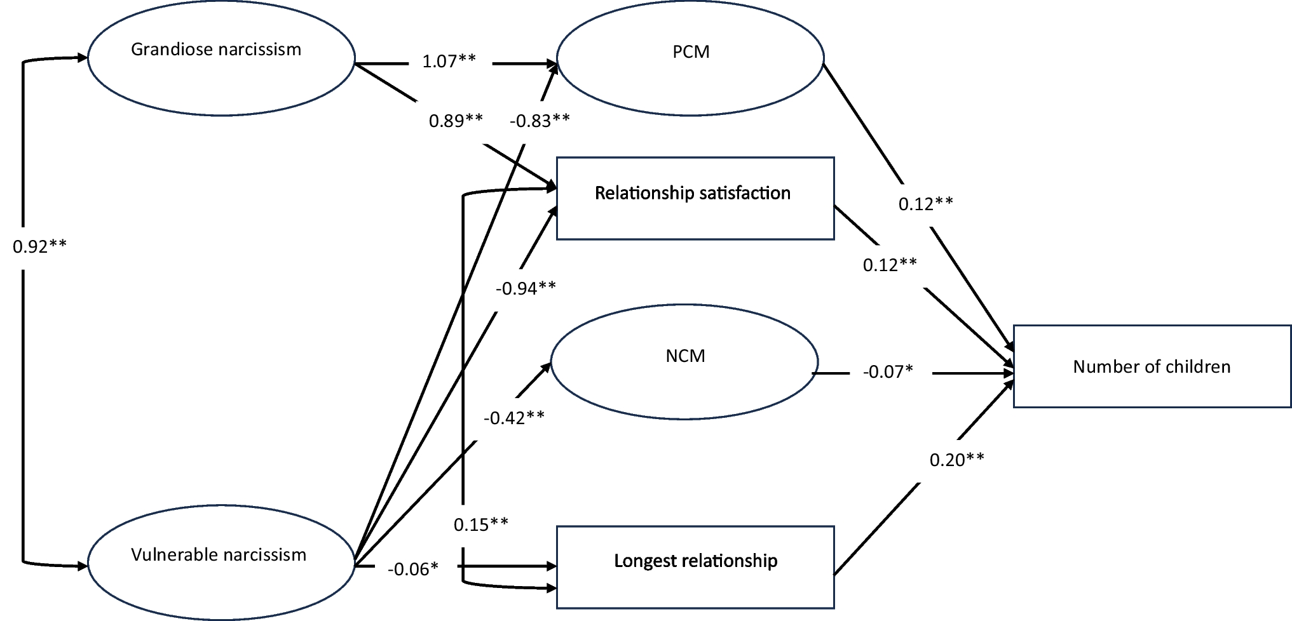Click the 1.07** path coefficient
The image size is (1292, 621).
point(449,62)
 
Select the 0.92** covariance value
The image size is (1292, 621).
point(39,246)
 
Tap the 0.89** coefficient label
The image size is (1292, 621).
point(456,121)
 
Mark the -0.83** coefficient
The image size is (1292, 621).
point(540,121)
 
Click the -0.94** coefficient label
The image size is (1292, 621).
point(526,288)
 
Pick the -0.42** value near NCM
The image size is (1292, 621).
point(513,418)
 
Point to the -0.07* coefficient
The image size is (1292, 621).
point(888,371)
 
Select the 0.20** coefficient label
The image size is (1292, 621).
point(956,460)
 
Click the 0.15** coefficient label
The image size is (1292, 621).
point(480,524)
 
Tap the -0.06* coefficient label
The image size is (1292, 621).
point(413,569)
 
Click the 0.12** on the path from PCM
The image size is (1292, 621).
point(925,204)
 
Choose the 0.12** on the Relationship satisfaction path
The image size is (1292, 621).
point(890,265)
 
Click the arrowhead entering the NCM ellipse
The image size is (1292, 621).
point(547,366)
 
